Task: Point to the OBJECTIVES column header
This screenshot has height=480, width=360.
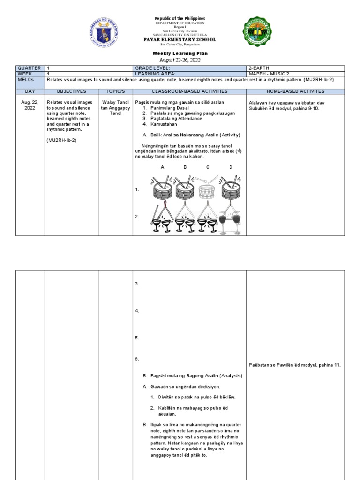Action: coord(71,91)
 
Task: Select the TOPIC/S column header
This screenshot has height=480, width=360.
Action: coord(115,91)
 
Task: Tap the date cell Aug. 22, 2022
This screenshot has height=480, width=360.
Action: coord(30,105)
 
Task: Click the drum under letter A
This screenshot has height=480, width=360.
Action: coord(162,188)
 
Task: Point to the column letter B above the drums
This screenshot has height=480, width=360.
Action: coord(185,167)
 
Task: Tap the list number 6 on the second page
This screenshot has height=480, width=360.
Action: coord(136,359)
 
